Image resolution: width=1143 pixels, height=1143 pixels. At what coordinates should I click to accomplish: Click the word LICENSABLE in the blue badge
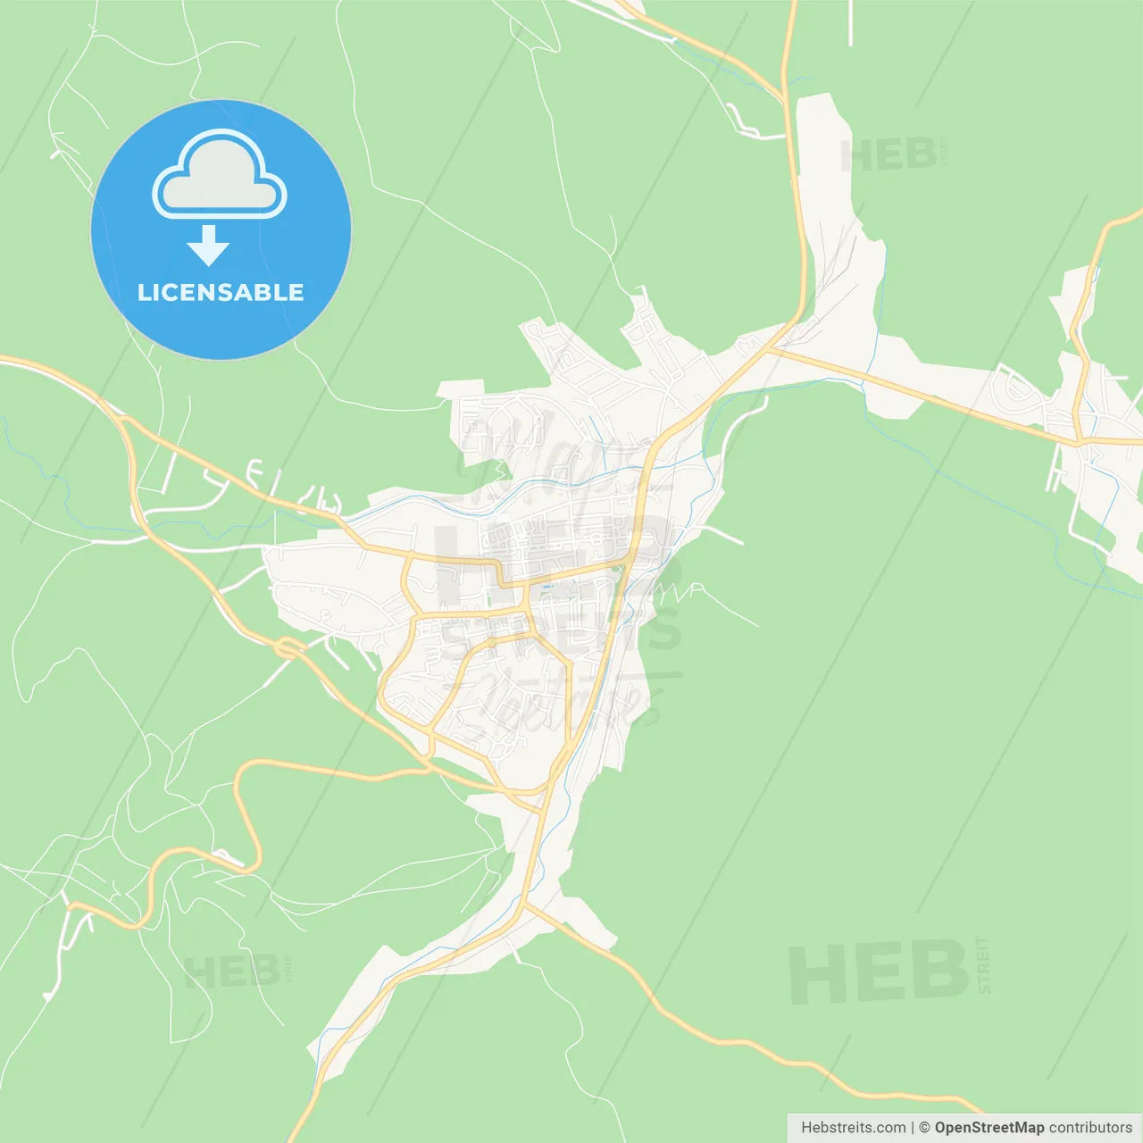click(221, 292)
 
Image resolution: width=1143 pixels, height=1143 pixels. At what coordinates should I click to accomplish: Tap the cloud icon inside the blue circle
click(220, 175)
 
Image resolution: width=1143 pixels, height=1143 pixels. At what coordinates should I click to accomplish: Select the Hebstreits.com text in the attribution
click(853, 1128)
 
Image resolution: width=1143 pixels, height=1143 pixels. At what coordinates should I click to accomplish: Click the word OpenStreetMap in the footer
click(989, 1128)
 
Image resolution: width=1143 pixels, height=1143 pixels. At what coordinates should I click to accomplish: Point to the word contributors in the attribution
click(1090, 1128)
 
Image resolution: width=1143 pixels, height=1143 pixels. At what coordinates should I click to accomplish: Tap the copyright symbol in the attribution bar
click(924, 1128)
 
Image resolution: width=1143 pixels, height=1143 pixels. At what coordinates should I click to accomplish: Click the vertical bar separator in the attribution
click(912, 1128)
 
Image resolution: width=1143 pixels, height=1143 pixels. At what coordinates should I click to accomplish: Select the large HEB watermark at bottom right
click(879, 972)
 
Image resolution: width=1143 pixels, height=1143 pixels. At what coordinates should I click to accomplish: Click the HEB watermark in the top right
click(889, 155)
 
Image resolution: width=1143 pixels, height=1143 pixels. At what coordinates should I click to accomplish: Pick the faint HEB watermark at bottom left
click(231, 972)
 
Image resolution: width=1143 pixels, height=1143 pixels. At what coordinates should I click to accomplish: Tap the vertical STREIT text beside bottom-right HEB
click(983, 965)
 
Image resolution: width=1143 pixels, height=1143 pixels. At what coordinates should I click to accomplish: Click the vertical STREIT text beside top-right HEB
click(943, 152)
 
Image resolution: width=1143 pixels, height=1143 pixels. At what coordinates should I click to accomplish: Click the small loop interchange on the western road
click(288, 648)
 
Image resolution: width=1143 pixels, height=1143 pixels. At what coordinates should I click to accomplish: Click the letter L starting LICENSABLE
click(144, 292)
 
